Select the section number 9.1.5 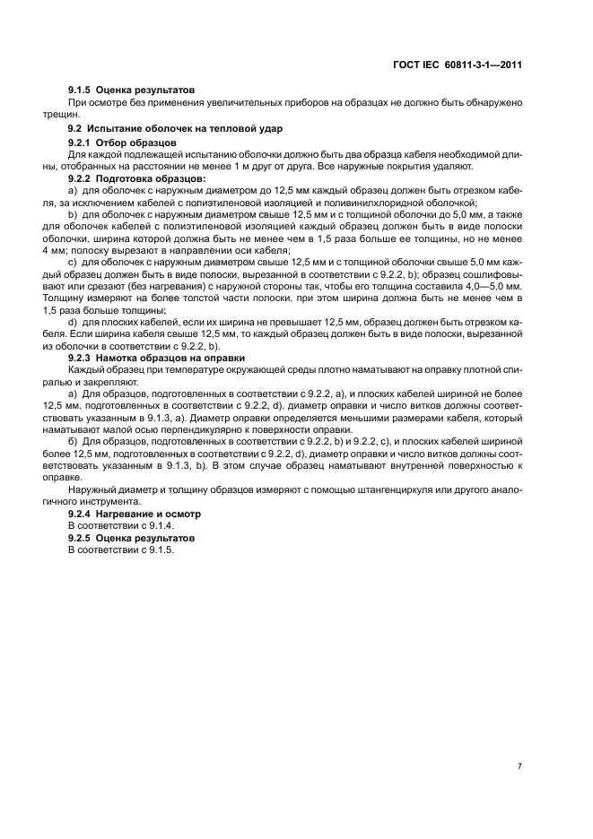click(x=83, y=91)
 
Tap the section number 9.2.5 click(x=83, y=537)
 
